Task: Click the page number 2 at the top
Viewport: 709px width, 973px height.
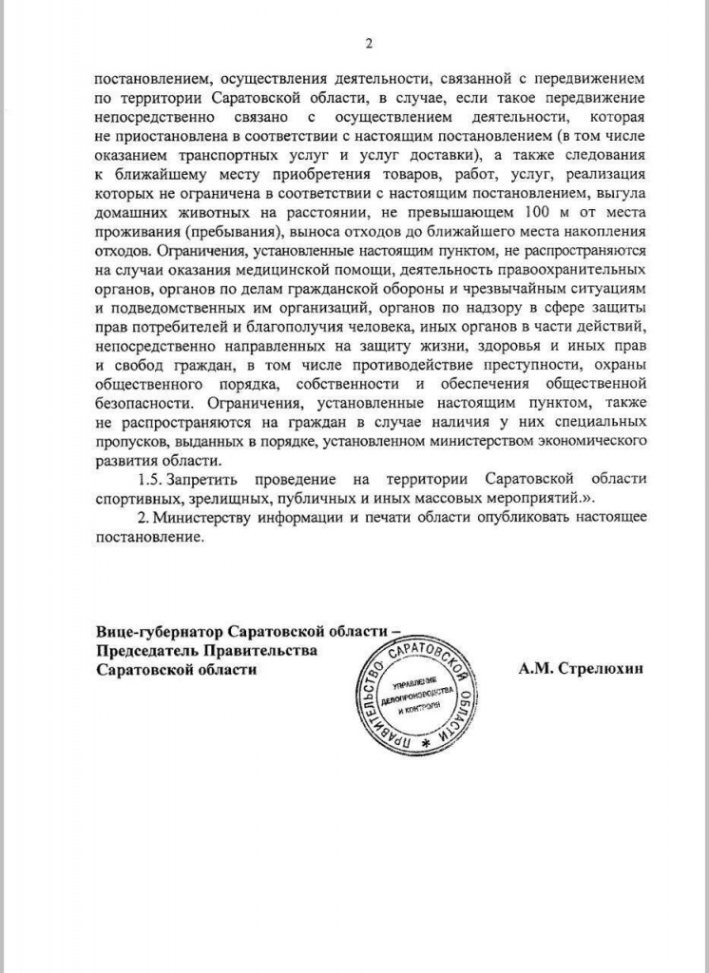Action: click(x=369, y=43)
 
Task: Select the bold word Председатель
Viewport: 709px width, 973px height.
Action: click(x=152, y=651)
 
